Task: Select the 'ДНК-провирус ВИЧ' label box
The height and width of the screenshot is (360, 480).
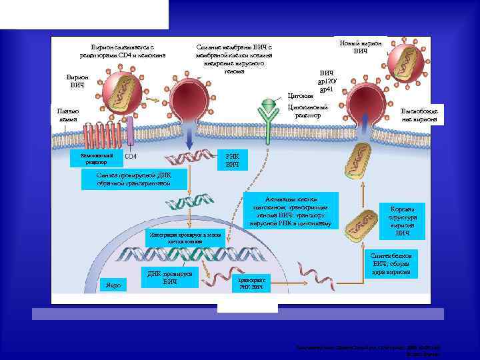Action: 170,278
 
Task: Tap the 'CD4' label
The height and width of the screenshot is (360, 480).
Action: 131,157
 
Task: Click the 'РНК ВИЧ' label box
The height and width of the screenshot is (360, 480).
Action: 232,159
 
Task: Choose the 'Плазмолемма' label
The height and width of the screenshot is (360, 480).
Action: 69,114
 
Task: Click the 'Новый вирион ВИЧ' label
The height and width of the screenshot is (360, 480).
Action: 360,47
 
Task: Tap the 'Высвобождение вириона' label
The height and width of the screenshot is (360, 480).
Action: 419,115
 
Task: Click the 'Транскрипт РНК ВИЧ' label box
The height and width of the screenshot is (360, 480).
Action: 252,283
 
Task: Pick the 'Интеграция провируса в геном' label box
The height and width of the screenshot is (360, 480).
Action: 182,239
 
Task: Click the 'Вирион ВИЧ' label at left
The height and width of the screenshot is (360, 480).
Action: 78,81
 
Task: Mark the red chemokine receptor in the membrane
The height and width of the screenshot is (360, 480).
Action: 110,134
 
